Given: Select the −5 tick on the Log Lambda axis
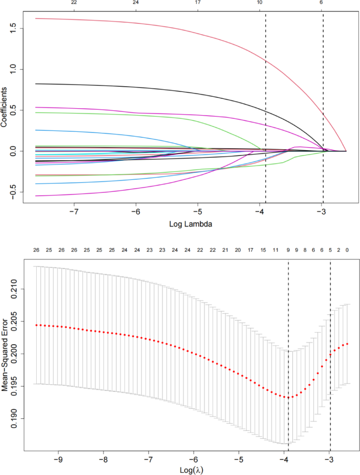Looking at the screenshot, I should pyautogui.click(x=198, y=212).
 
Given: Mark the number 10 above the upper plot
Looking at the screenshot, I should pyautogui.click(x=260, y=3).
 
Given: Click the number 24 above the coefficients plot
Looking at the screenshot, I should pyautogui.click(x=136, y=3).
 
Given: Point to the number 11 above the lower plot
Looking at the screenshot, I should pyautogui.click(x=275, y=250).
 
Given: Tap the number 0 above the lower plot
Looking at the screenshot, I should pyautogui.click(x=347, y=250).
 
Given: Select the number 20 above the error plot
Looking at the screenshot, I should pyautogui.click(x=238, y=250).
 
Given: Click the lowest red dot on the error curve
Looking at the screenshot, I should pyautogui.click(x=287, y=397).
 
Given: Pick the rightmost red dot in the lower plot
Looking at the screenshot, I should pyautogui.click(x=347, y=344).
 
